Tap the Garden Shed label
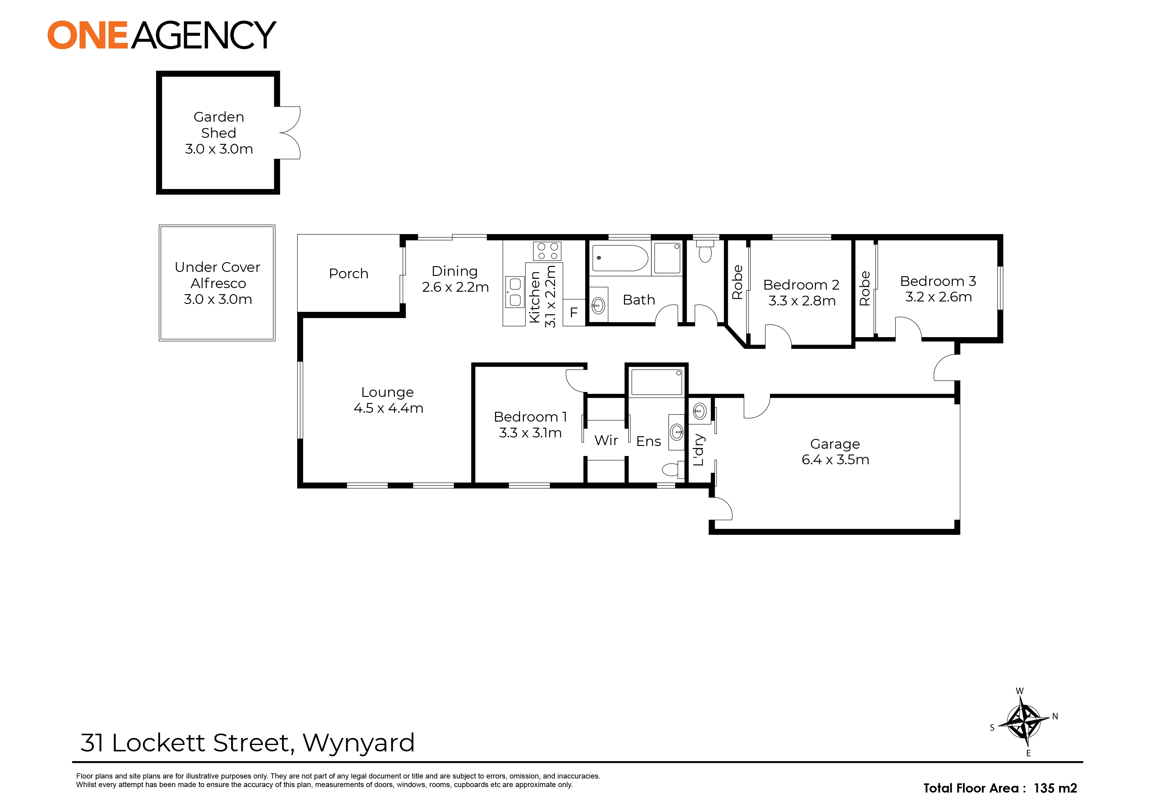[219, 125]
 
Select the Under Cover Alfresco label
[218, 275]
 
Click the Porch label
[348, 273]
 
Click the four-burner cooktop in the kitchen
[547, 251]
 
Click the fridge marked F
[573, 312]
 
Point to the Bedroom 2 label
[801, 285]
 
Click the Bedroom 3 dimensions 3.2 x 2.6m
[939, 297]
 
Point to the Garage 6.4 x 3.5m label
[835, 452]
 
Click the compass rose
[1023, 722]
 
